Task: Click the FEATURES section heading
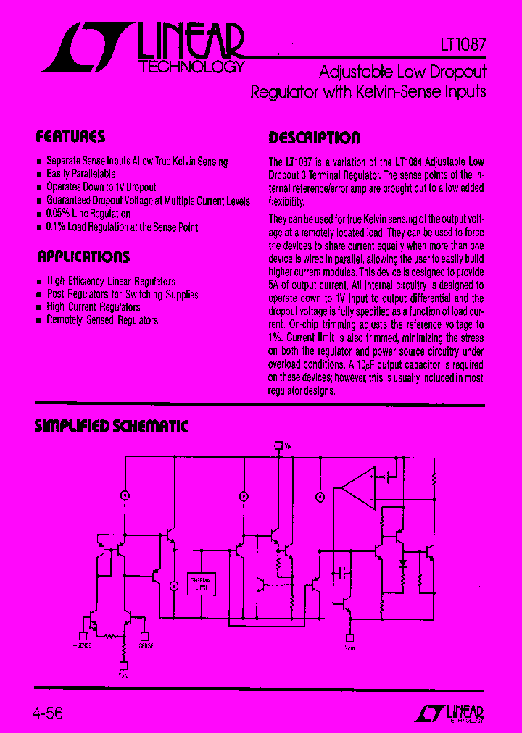[70, 137]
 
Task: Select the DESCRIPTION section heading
[314, 138]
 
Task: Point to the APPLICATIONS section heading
[83, 256]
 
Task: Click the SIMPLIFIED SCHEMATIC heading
[112, 427]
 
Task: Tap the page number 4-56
[48, 713]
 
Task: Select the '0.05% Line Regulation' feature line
[88, 214]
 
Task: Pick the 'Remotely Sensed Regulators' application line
[102, 320]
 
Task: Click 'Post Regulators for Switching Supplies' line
[123, 294]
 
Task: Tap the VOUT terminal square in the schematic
[349, 637]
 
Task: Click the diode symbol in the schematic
[404, 561]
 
